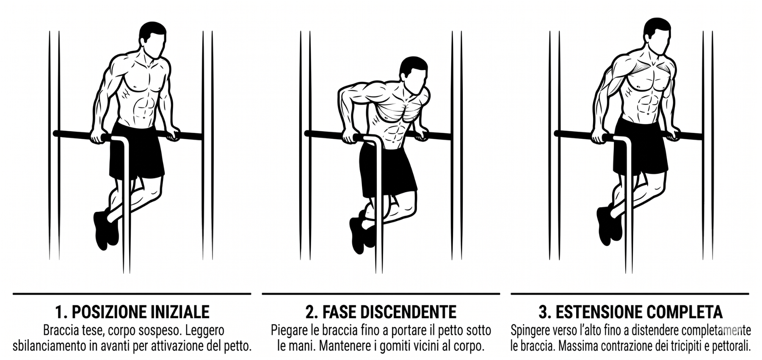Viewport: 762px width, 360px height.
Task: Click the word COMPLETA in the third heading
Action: (x=680, y=312)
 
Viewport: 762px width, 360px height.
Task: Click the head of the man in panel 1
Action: (x=152, y=40)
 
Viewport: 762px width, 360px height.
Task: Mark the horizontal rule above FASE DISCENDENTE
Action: (x=381, y=294)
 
